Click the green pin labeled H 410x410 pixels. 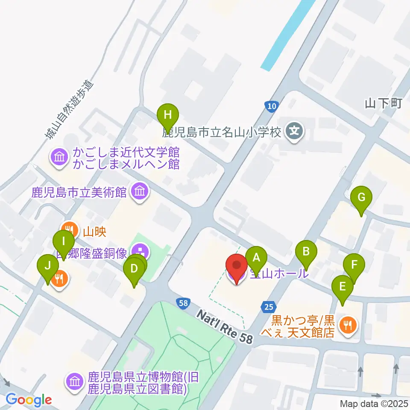pyautogui.click(x=167, y=115)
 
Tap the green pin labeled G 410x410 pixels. pyautogui.click(x=361, y=198)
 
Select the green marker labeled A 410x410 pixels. pyautogui.click(x=256, y=258)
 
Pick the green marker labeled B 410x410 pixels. pyautogui.click(x=306, y=251)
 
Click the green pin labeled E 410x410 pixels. pyautogui.click(x=343, y=287)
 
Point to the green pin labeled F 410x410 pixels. pyautogui.click(x=354, y=264)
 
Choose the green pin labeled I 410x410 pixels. pyautogui.click(x=64, y=241)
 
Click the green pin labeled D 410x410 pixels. pyautogui.click(x=134, y=269)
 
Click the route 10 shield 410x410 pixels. pyautogui.click(x=272, y=106)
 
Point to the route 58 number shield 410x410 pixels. pyautogui.click(x=183, y=303)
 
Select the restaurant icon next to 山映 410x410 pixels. pyautogui.click(x=68, y=229)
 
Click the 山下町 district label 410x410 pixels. pyautogui.click(x=384, y=103)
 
